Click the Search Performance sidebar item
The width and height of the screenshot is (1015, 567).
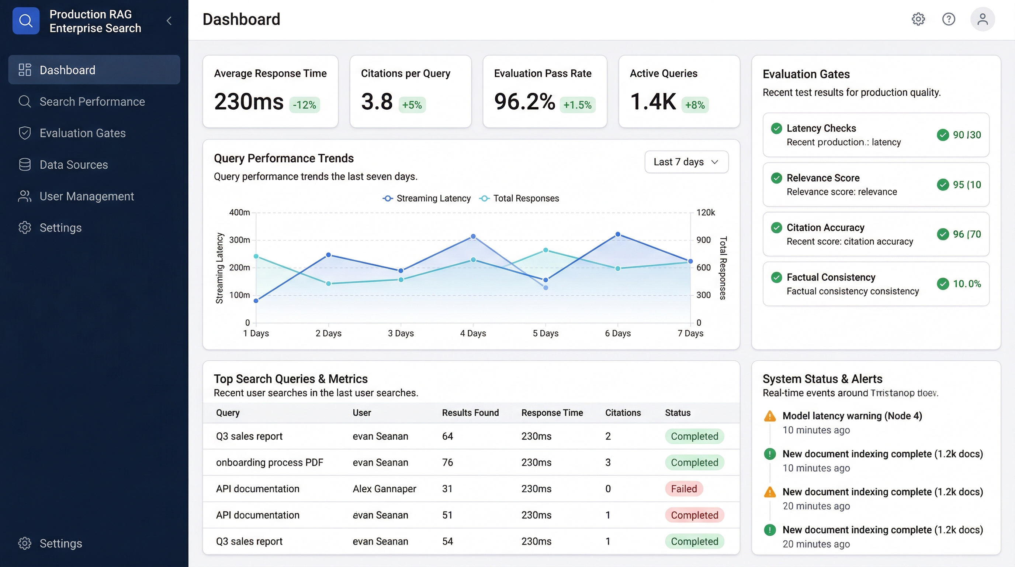tap(92, 102)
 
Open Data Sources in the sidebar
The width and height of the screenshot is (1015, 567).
tap(73, 165)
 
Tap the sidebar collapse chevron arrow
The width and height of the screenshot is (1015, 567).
tap(169, 21)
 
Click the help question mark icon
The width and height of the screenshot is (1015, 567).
tap(948, 19)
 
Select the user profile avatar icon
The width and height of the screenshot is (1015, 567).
tap(982, 19)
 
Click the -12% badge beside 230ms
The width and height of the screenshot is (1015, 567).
tap(304, 105)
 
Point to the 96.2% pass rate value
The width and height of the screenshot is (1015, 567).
tap(524, 102)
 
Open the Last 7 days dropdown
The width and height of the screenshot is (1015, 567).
tap(686, 162)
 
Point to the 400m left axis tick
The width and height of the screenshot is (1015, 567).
tap(240, 213)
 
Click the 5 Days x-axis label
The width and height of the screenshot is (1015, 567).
tap(545, 333)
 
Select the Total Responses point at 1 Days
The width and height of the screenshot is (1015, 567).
tap(256, 257)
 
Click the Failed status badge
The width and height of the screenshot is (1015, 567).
tap(684, 489)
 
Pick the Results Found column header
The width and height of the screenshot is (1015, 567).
tap(470, 413)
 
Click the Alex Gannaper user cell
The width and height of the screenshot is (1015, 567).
tap(384, 489)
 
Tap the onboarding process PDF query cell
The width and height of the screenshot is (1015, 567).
tap(270, 463)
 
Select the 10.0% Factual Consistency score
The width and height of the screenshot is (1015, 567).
tap(967, 284)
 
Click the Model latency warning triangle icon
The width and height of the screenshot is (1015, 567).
tap(769, 416)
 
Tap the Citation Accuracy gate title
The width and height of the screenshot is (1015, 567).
tap(825, 228)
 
